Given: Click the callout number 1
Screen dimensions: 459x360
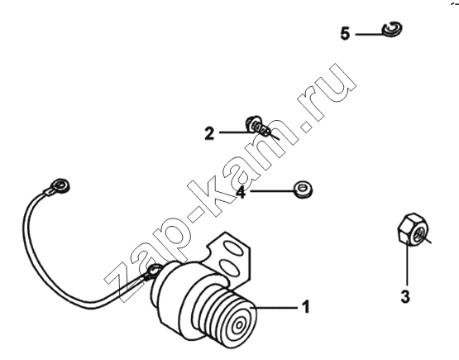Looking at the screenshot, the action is [306, 307].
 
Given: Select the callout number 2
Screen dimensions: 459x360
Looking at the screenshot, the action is [209, 133].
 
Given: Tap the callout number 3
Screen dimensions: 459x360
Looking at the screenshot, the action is [405, 297].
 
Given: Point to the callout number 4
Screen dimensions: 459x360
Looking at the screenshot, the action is [241, 192].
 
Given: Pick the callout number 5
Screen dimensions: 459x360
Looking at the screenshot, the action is [345, 33].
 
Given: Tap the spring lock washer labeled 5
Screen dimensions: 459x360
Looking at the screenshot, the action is [393, 29].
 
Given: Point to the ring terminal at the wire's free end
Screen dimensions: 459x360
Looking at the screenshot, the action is [60, 185].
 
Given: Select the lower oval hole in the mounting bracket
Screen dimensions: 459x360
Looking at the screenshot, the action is [228, 266].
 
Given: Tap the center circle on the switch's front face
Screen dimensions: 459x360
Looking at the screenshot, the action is [240, 324].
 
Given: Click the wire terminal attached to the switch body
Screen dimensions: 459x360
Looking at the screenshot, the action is [153, 271].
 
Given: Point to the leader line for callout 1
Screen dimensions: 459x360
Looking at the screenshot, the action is [277, 308].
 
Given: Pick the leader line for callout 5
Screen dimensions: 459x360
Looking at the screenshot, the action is [370, 34].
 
